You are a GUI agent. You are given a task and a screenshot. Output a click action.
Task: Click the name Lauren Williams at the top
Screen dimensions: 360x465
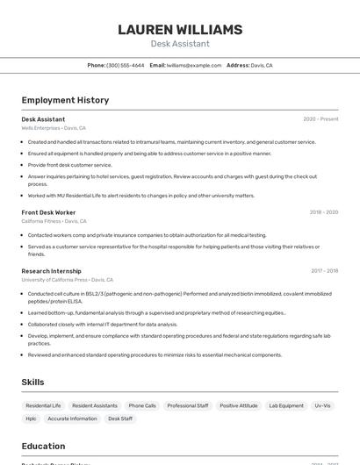180,30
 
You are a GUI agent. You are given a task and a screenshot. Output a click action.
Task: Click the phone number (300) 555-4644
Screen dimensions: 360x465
126,65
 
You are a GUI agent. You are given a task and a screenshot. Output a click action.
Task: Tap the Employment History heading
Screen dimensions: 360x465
65,100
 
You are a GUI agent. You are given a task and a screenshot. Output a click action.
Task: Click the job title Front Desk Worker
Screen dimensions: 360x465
48,212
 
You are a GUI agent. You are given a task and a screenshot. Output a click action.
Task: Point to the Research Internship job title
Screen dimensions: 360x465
51,271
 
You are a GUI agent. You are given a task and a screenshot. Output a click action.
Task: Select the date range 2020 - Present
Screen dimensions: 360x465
320,119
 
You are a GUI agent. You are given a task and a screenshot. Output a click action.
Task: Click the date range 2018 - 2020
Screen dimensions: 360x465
323,212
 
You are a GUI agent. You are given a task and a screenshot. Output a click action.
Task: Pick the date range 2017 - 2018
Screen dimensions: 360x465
324,271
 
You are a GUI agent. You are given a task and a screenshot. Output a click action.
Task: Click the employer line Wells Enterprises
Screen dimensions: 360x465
53,128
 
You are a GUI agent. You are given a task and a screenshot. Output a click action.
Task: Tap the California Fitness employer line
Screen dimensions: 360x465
54,221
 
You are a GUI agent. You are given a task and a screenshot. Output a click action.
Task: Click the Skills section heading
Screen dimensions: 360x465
32,383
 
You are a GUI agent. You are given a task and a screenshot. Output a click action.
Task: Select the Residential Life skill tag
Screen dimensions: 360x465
43,405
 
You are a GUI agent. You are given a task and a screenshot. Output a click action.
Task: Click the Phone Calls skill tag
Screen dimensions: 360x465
142,405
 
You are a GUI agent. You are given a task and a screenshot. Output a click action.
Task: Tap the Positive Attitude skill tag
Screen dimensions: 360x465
239,405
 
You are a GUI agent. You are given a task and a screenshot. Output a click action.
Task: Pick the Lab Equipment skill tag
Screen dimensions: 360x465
286,405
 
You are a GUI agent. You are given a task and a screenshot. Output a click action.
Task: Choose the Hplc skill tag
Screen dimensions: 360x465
32,418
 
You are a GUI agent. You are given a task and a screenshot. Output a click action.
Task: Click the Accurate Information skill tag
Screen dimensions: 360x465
73,418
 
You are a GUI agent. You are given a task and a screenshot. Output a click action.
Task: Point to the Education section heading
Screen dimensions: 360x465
43,446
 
